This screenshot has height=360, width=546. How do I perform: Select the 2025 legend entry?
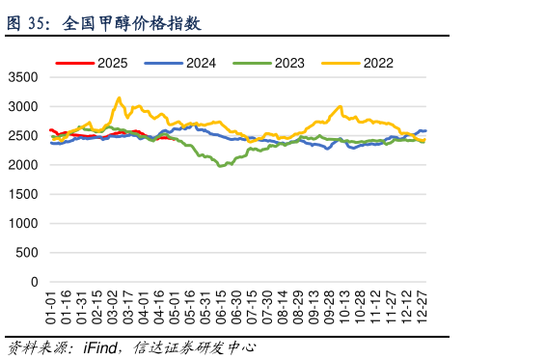tap(106, 64)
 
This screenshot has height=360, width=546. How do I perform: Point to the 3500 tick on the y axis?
tap(22, 77)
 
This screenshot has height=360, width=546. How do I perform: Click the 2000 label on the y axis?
tap(22, 165)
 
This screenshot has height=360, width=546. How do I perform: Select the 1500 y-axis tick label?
tap(22, 194)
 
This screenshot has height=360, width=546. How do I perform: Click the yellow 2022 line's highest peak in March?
tap(119, 97)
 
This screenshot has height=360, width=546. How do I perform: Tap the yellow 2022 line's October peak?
tap(340, 106)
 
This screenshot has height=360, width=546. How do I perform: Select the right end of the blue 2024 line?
tap(425, 130)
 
